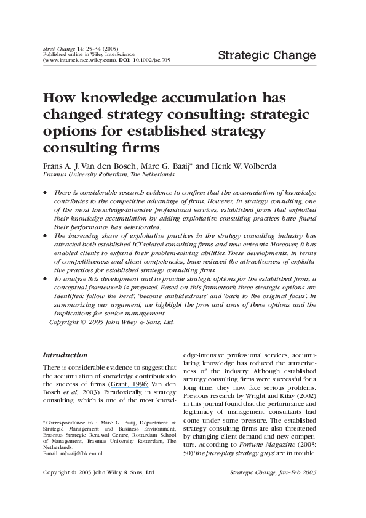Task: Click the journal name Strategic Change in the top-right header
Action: pos(266,57)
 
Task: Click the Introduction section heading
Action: pos(64,355)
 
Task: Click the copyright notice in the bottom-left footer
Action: pos(98,472)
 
